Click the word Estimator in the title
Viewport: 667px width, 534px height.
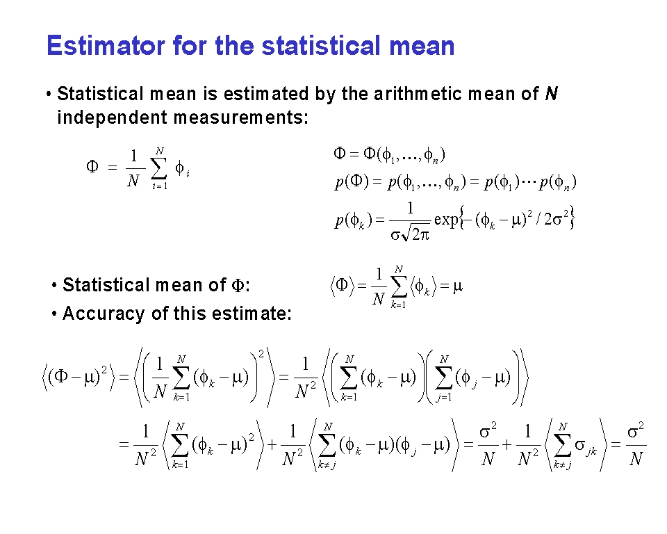[x=106, y=46]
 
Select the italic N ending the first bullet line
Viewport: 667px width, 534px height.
[x=551, y=94]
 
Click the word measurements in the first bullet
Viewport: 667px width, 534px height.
[x=241, y=118]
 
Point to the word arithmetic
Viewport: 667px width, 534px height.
[x=418, y=94]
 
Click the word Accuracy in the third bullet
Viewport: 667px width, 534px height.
[x=104, y=314]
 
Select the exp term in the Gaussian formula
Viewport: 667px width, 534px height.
[x=446, y=219]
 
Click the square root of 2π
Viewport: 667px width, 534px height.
[x=415, y=234]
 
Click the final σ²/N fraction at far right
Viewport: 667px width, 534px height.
[x=636, y=444]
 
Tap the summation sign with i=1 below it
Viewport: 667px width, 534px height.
[x=159, y=169]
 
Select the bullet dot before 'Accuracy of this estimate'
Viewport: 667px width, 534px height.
[x=54, y=314]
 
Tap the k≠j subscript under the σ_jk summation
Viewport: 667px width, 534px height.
[x=562, y=465]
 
